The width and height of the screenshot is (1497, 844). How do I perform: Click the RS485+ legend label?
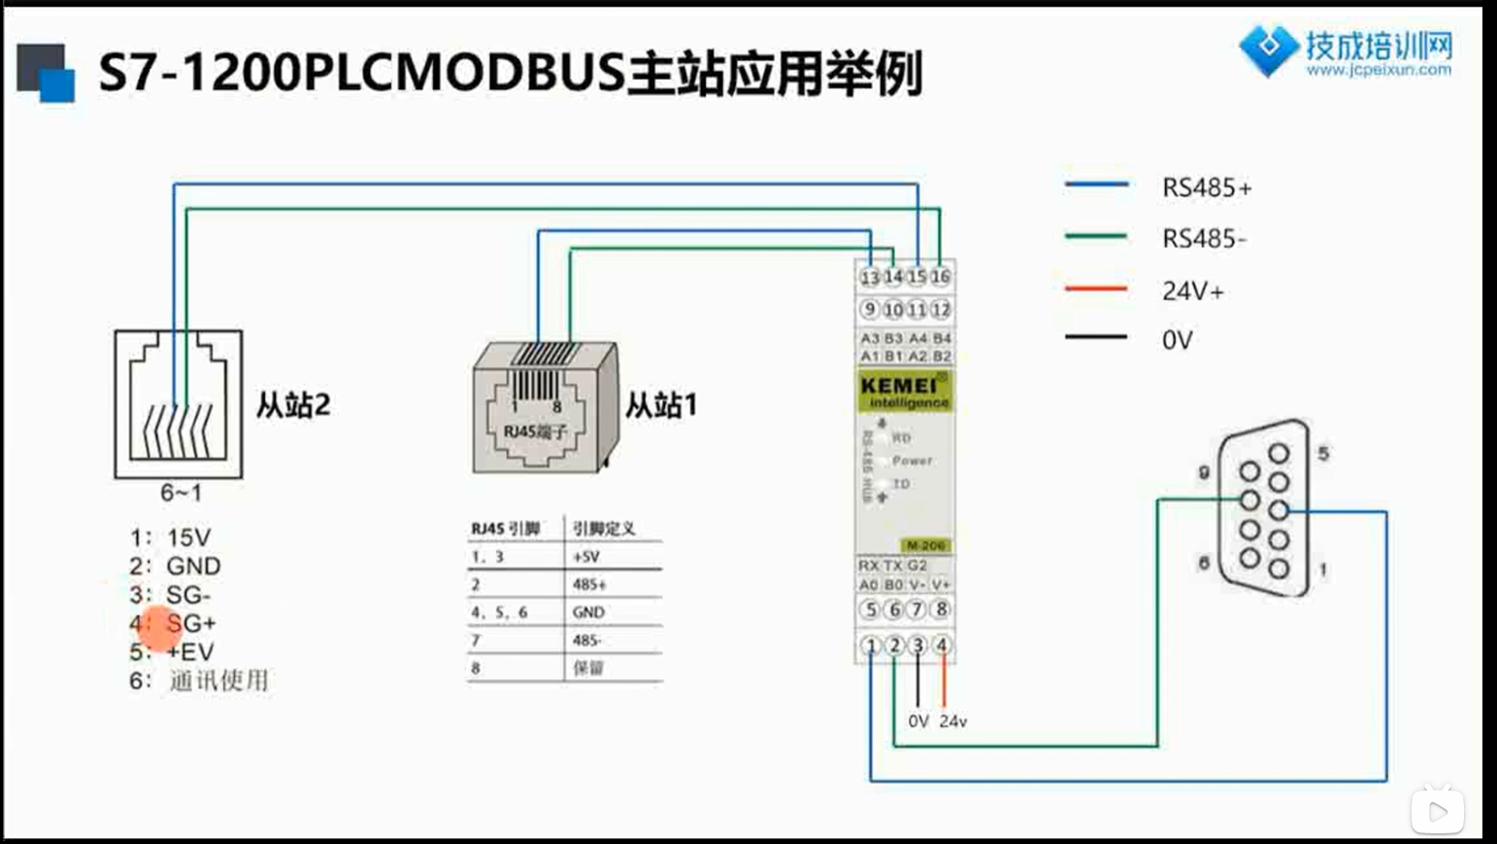coord(1207,187)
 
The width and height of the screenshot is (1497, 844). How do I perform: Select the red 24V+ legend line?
coord(1096,288)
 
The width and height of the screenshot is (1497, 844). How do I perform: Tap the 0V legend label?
coord(1177,340)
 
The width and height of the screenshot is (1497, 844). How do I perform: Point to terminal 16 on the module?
coord(940,277)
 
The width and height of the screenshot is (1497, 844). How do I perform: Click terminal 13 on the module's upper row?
coord(870,278)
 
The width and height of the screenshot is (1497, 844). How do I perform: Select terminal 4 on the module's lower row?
coord(941,645)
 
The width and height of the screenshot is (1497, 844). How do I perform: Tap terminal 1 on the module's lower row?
coord(871,645)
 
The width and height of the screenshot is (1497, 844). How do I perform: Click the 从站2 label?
coord(293,404)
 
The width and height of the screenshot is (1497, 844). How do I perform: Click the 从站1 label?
coord(660,404)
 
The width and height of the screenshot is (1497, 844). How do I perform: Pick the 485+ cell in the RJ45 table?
coord(589,585)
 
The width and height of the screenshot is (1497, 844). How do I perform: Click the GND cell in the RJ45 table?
coord(588,612)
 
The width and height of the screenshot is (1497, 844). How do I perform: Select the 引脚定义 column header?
coord(603,528)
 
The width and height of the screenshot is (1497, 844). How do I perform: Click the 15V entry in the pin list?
coord(187,537)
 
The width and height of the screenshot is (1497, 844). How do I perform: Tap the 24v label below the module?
coord(952,722)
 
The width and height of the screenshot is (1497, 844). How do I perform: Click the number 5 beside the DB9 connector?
coord(1323,454)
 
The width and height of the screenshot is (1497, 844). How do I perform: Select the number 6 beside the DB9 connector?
coord(1204,562)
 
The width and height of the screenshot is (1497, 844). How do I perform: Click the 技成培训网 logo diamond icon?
coord(1268,48)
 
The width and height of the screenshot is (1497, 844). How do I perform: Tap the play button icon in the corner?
coord(1437,811)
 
